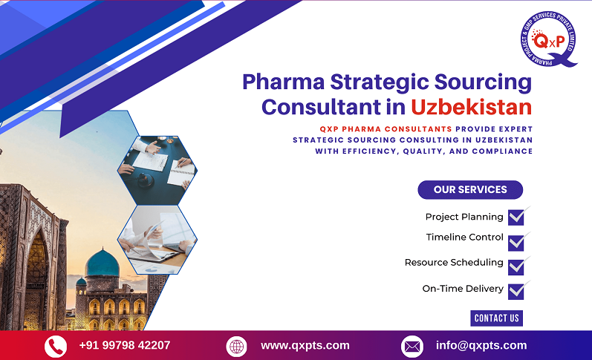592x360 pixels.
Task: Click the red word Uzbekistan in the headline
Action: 471,106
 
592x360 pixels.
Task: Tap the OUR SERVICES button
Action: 470,190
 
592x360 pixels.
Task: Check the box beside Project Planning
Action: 515,217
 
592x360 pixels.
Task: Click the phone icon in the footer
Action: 56,346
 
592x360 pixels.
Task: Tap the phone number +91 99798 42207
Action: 125,345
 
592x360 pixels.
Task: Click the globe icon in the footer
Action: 236,346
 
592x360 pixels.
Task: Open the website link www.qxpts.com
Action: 305,345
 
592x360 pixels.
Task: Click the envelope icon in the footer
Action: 412,346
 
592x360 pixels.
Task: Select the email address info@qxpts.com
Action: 481,345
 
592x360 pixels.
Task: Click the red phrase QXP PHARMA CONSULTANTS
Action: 361,128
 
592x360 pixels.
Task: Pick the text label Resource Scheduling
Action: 454,263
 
